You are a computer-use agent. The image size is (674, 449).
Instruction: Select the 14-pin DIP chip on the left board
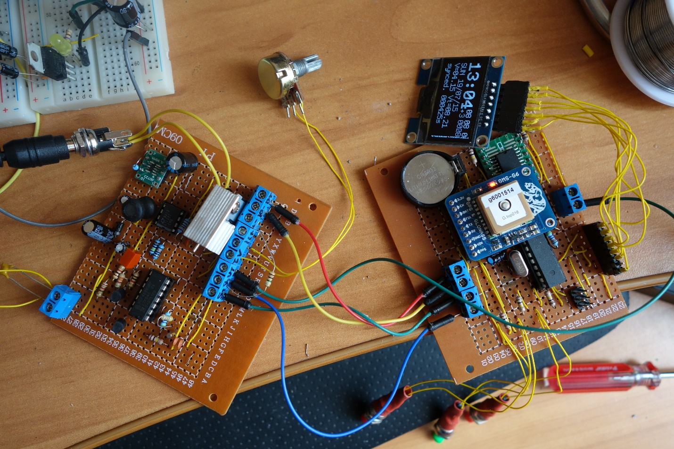pos(150,294)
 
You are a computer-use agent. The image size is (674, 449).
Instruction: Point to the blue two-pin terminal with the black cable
pos(570,198)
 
